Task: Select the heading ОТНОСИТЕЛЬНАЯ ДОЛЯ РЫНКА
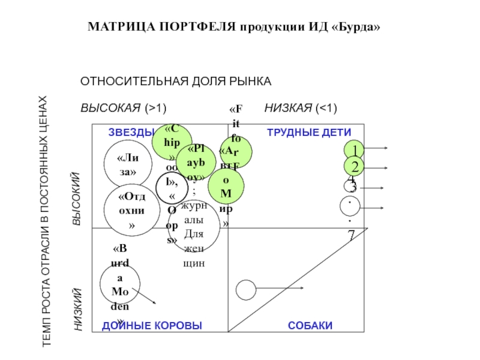(176, 81)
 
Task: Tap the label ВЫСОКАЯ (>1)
(123, 108)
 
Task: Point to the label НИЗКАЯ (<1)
(301, 108)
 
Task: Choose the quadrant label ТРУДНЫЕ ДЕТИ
(309, 132)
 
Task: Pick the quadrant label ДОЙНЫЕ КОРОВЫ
(152, 325)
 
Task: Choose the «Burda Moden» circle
(120, 285)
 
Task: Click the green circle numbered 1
(355, 149)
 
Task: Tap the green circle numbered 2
(355, 167)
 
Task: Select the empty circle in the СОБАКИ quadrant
(245, 290)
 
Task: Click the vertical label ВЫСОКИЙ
(76, 199)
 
